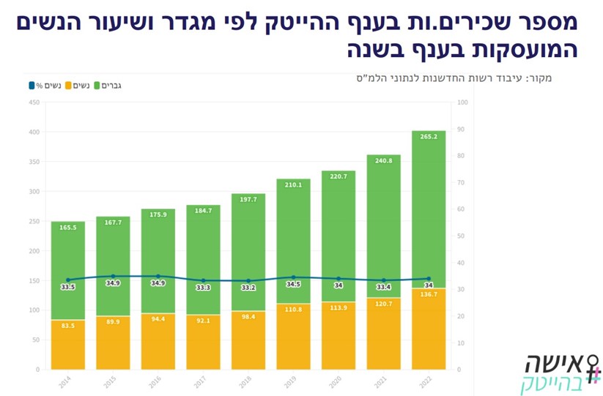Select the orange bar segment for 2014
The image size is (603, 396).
(x=68, y=344)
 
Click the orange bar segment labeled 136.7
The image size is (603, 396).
(x=429, y=329)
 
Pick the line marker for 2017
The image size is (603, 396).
(x=203, y=280)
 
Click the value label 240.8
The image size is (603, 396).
(x=383, y=161)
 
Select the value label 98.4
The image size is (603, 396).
(x=248, y=317)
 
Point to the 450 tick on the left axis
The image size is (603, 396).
(x=34, y=102)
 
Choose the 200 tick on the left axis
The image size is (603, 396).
(x=34, y=251)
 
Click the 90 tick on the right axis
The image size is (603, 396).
(x=460, y=130)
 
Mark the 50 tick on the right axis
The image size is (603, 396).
(x=460, y=236)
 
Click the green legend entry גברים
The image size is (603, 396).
(x=109, y=86)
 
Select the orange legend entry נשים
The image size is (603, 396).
(x=78, y=86)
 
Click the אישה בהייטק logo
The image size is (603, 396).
(x=561, y=372)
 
